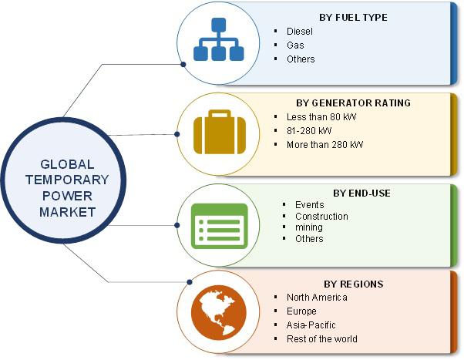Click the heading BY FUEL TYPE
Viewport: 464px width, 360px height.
353,18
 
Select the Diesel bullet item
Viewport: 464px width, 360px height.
300,32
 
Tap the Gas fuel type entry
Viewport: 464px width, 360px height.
295,45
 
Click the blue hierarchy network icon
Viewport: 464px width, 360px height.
219,39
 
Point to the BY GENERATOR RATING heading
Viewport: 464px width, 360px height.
353,103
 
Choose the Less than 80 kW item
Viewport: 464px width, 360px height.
321,117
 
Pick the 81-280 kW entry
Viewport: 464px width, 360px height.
309,131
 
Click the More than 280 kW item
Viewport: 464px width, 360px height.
324,145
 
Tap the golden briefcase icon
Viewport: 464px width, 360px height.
220,132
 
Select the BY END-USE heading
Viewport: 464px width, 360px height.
361,193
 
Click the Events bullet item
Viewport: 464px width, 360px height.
310,205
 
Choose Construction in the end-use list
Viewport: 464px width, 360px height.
321,217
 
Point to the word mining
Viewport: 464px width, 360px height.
309,227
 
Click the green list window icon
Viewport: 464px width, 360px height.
219,226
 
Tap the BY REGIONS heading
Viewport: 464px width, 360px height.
354,284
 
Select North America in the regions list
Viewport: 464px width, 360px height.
317,298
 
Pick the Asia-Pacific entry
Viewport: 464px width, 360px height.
311,325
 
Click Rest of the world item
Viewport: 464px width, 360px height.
322,339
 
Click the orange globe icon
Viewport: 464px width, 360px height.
219,313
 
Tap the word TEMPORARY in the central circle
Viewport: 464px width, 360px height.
67,180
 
